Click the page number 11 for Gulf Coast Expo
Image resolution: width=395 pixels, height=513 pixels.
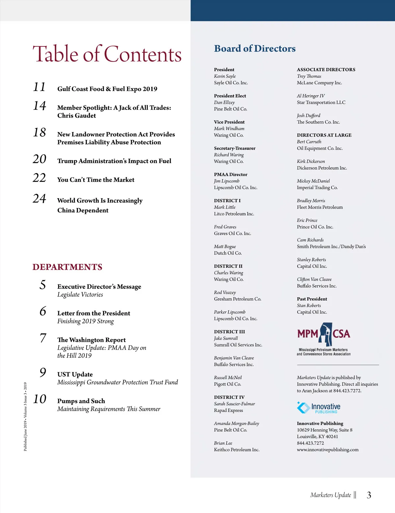[x=39, y=87]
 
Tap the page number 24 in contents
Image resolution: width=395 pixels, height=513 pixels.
[x=39, y=199]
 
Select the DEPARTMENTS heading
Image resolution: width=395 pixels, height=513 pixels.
[x=67, y=267]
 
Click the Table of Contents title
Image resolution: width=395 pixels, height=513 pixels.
[x=107, y=54]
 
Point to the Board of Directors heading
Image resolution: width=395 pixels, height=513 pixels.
[x=255, y=49]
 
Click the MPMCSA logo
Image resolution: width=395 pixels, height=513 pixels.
[x=324, y=339]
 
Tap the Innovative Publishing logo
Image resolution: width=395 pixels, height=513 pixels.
[x=319, y=408]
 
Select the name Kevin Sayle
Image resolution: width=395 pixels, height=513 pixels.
[x=225, y=76]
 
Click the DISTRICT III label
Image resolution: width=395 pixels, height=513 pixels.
[x=229, y=332]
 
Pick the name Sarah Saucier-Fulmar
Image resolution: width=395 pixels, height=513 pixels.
[x=234, y=404]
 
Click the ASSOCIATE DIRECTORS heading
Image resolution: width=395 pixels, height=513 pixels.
[x=326, y=69]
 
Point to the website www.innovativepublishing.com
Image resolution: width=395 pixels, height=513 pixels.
[x=328, y=449]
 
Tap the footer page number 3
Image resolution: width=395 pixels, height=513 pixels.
[x=369, y=495]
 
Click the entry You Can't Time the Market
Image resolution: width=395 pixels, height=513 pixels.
[x=96, y=180]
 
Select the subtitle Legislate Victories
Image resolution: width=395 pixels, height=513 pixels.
[x=80, y=295]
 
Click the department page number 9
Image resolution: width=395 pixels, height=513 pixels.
[x=43, y=372]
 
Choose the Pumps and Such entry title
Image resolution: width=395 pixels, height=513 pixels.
[x=81, y=401]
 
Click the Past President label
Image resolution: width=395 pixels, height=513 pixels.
[x=312, y=299]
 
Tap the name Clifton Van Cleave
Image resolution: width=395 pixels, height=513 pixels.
[x=314, y=279]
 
